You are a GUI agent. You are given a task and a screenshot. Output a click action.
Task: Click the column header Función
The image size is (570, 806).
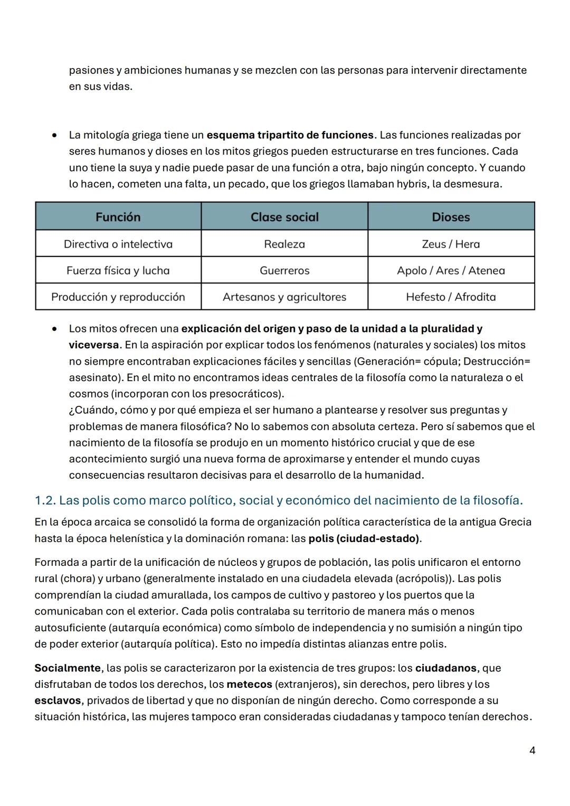point(118,217)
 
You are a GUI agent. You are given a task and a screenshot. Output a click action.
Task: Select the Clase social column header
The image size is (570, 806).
point(284,217)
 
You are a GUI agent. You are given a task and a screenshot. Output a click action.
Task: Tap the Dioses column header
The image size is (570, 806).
point(451,217)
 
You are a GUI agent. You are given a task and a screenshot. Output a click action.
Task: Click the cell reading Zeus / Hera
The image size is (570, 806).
point(451,244)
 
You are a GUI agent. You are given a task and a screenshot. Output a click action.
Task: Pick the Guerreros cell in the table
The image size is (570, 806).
point(284,270)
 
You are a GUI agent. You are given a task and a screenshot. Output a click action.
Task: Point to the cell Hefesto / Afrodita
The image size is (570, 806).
point(451,297)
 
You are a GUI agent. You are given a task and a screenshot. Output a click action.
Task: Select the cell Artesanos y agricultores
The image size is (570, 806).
point(284,297)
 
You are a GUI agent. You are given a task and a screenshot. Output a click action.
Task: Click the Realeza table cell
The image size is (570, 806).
point(284,244)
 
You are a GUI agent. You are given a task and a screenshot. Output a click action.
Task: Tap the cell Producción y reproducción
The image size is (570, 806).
point(118,297)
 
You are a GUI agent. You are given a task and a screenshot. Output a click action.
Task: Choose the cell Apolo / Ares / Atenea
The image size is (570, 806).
point(451,270)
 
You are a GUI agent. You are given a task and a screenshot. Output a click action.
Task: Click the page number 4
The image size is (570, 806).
point(532,750)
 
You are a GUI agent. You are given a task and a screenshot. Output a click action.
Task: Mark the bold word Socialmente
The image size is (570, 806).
point(67,668)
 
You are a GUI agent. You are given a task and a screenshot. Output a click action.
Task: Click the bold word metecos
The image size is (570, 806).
point(249,684)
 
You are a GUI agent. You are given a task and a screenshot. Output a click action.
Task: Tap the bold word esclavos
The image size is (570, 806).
point(58,700)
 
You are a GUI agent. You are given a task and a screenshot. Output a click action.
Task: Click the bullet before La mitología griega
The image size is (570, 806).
point(54,135)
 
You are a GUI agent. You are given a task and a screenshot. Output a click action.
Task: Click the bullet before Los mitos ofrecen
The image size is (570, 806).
point(54,329)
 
